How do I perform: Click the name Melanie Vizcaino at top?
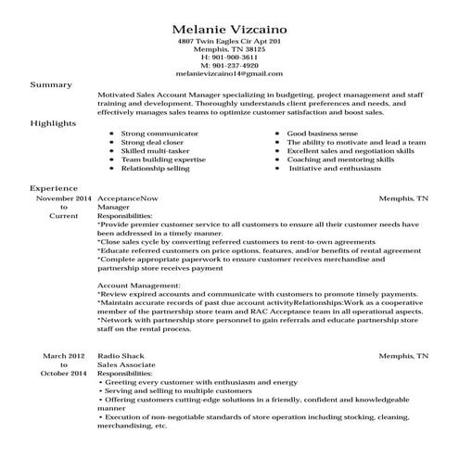tap(229, 24)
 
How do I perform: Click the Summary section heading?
tap(51, 84)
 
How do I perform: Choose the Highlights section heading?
tap(54, 122)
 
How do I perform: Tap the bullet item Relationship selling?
tap(155, 169)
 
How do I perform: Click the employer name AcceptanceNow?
tap(127, 198)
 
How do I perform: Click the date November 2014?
tap(64, 198)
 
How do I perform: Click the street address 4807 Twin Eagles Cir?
tap(213, 42)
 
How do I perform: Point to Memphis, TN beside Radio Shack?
tap(409, 355)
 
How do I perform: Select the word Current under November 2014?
tap(64, 216)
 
